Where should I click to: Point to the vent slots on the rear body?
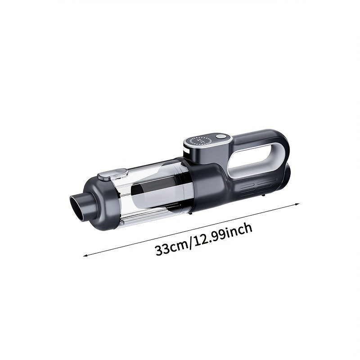coord(259,184)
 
